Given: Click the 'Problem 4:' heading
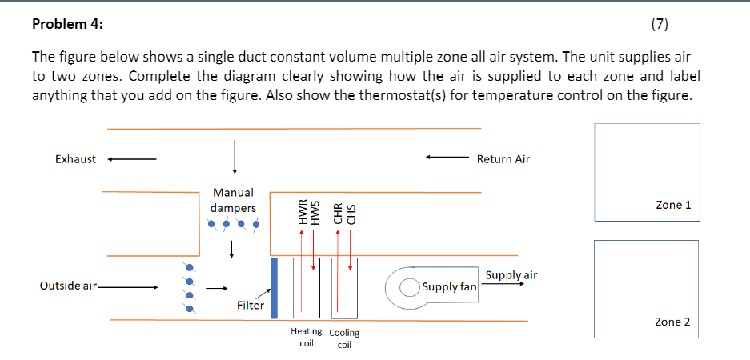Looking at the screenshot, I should (66, 23).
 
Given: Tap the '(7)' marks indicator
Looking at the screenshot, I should (658, 23).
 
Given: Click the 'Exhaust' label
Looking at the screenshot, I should (75, 158).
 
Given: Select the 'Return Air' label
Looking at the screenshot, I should (503, 158).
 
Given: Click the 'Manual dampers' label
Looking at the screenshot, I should (233, 200).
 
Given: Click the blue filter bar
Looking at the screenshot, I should (274, 287).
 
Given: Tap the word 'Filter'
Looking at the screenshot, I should (251, 305).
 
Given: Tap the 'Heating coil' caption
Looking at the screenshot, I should (306, 337).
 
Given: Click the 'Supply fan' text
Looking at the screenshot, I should (449, 286).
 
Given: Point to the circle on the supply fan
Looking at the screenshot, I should (409, 286).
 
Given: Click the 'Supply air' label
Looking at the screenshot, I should (511, 274).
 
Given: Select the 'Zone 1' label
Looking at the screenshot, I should (672, 205).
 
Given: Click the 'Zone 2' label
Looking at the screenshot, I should (672, 322).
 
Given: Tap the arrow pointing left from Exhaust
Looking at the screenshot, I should (132, 158).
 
